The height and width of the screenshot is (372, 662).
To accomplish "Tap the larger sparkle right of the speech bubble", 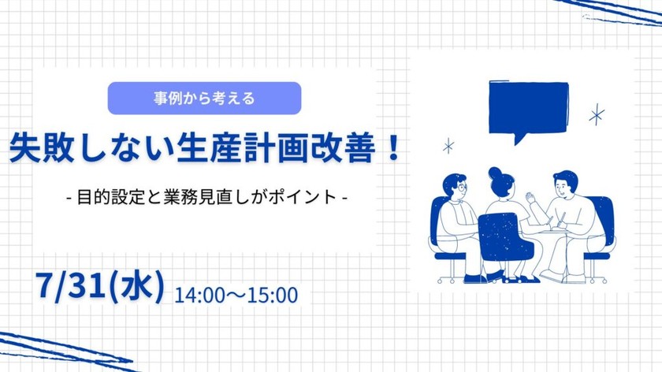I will (x=597, y=114).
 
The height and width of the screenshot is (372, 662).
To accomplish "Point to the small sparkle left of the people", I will (x=449, y=146).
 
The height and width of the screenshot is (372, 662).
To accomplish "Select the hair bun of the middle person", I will (x=495, y=173).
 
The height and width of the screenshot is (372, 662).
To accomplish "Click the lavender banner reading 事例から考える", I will (x=205, y=99).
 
